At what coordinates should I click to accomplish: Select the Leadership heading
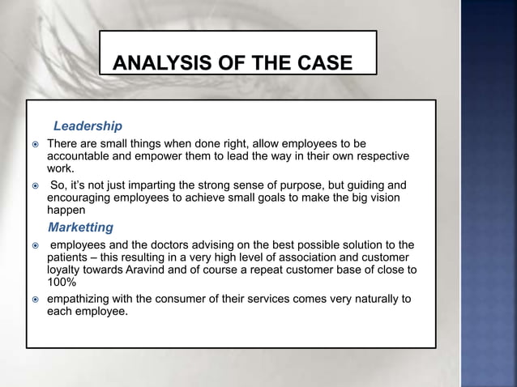tap(88, 126)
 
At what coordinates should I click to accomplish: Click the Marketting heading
tap(81, 227)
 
